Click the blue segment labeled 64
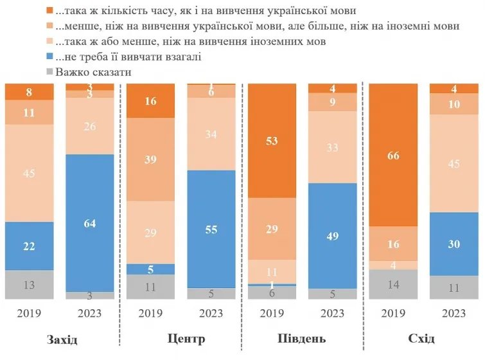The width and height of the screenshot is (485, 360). (x=90, y=223)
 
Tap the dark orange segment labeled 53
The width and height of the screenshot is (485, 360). (x=272, y=141)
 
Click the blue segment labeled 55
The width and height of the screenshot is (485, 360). (x=211, y=229)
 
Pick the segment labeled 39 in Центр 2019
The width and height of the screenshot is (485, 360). (x=150, y=159)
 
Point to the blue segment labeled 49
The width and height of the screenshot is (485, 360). (x=332, y=236)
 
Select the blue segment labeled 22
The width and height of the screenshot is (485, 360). (x=30, y=246)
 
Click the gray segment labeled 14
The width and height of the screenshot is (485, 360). (x=393, y=284)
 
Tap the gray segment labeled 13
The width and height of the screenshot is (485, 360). (x=30, y=284)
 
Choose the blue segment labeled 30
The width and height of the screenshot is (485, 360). (x=454, y=244)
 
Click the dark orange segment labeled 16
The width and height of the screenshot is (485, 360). (x=150, y=101)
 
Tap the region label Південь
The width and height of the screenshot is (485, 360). (x=303, y=338)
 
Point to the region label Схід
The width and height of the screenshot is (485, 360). (x=421, y=338)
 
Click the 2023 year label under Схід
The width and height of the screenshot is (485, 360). (x=454, y=314)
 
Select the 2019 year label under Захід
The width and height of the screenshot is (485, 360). (x=30, y=314)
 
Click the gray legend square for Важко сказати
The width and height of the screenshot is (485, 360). (x=49, y=72)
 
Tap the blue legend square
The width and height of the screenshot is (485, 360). (x=49, y=57)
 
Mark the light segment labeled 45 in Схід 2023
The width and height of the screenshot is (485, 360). (x=454, y=164)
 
